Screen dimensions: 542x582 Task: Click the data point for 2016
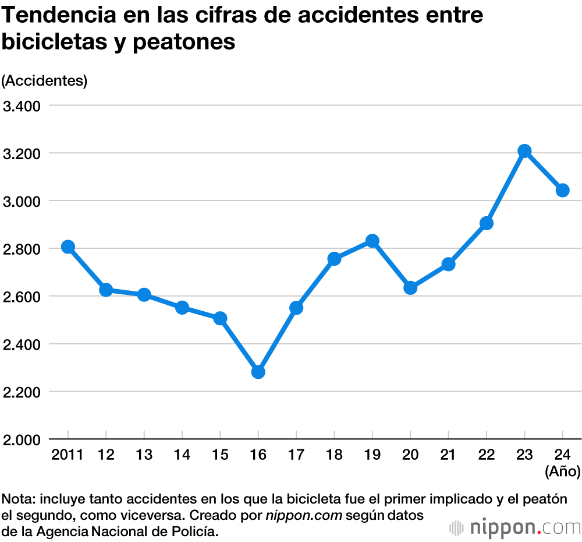coord(258,372)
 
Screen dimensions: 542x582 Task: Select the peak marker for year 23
coord(524,151)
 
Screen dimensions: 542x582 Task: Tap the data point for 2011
coord(68,247)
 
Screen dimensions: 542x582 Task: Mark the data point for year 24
coord(562,190)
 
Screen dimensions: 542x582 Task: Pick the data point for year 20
coord(410,287)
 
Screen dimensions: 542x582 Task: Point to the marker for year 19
coord(372,241)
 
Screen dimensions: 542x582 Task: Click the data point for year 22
coord(487,223)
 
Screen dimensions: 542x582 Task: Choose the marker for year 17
coord(296,308)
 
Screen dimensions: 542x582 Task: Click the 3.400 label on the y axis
coord(21,106)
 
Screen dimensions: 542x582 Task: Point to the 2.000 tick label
coord(21,439)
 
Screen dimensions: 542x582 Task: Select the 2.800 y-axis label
coord(21,249)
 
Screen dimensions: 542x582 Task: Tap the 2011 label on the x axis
coord(68,455)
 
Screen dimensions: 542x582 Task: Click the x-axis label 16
coord(258,455)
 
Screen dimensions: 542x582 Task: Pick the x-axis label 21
coord(448,455)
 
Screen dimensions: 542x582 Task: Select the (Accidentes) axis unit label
coord(45,81)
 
